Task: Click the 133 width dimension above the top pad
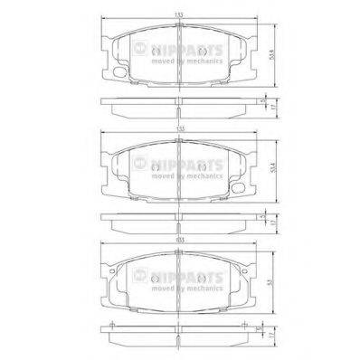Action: coord(181,15)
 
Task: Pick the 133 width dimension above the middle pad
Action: coord(181,128)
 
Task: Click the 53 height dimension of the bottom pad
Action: coord(270,281)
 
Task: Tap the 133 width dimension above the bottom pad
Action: coord(181,238)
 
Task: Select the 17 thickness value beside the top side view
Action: coord(270,109)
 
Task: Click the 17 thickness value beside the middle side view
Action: coord(270,222)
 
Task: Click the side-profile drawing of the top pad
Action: coord(180,106)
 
